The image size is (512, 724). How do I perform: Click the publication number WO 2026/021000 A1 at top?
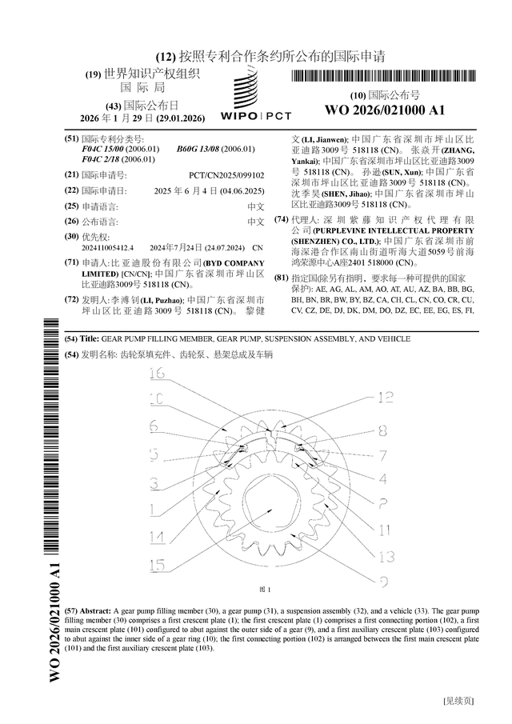[384, 110]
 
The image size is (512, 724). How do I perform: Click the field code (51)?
[71, 139]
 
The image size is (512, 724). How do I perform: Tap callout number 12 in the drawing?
[386, 396]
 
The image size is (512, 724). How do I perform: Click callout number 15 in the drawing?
[158, 562]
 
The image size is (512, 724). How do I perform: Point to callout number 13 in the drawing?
[387, 555]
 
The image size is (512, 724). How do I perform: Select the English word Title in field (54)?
[89, 339]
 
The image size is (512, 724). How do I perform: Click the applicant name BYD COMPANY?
[234, 263]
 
